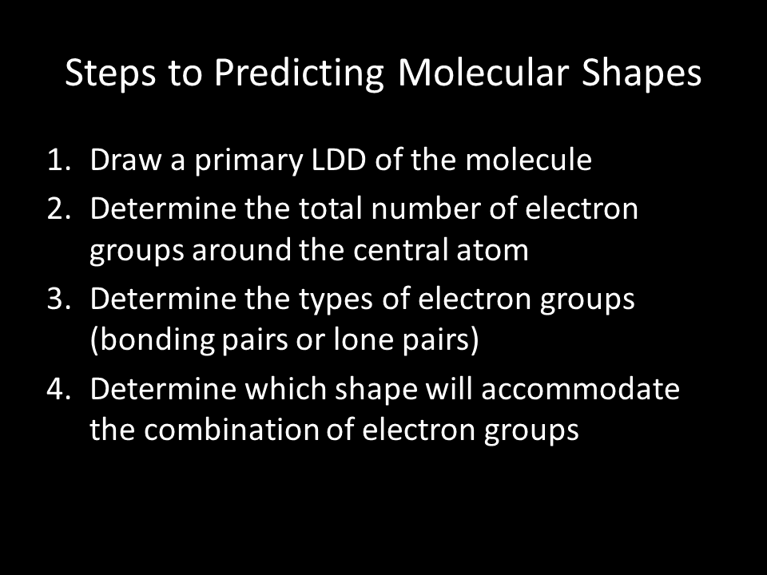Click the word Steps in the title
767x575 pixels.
coord(110,73)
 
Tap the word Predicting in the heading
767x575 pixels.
coord(299,73)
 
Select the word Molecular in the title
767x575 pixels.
coord(483,73)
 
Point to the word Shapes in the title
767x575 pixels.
coord(642,73)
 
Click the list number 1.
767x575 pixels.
coord(58,161)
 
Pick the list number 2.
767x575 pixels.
coord(58,209)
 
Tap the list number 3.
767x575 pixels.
coord(58,299)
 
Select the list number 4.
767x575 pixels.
coord(58,389)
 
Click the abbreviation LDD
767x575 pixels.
coord(339,160)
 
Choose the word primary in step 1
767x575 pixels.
coord(249,161)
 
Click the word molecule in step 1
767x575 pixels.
coord(528,159)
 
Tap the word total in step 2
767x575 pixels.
coord(330,208)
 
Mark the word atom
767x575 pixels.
coord(492,250)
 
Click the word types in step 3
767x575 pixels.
coord(336,300)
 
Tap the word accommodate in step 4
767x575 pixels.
coord(580,389)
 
